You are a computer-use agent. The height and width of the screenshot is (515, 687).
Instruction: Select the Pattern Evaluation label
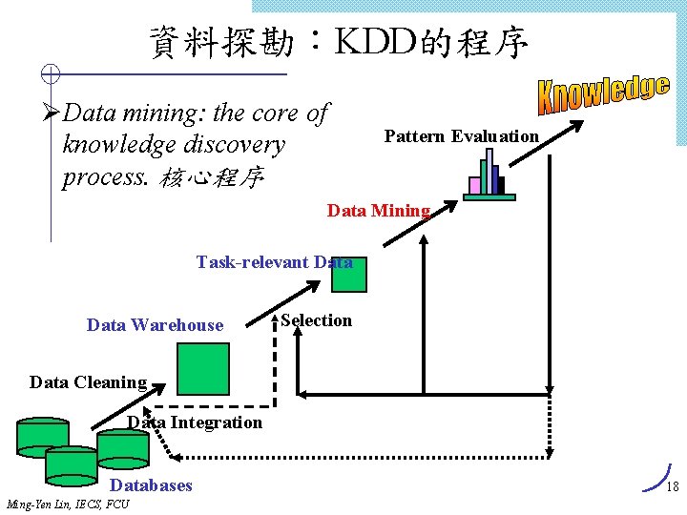tap(461, 136)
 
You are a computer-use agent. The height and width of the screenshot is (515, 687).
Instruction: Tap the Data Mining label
tap(379, 211)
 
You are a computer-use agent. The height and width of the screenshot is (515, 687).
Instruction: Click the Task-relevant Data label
tap(274, 262)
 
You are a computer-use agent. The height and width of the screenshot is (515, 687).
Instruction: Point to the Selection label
tap(317, 320)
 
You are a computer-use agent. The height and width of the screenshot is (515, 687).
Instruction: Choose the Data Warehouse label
tap(155, 325)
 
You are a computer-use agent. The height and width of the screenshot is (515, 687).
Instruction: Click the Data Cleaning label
tap(88, 382)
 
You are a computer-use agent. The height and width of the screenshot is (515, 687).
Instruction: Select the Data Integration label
tap(195, 422)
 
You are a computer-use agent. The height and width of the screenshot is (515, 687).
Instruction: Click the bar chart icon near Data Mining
tap(489, 178)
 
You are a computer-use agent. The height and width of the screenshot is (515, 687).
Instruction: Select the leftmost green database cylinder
tap(43, 437)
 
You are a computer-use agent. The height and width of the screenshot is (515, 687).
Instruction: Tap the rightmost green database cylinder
tap(123, 446)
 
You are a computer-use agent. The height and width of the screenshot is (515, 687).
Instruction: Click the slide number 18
tap(672, 487)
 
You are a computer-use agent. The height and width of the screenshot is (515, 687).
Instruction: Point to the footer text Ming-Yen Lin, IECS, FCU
tap(68, 504)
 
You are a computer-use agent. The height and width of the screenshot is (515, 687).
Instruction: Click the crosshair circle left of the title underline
tap(52, 73)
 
